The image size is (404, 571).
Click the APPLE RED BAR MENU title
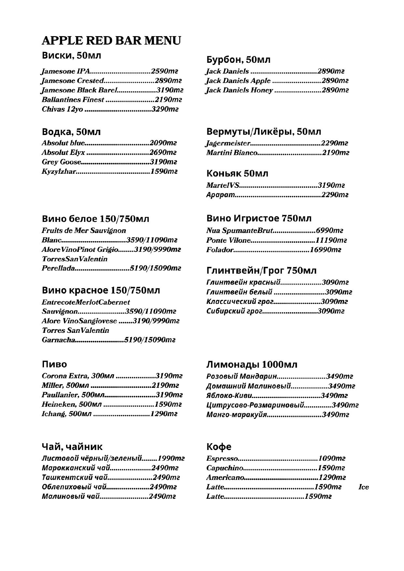click(111, 41)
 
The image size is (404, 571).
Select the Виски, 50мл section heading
click(72, 55)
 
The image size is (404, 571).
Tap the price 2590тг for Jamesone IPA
click(164, 71)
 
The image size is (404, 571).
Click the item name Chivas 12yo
click(62, 109)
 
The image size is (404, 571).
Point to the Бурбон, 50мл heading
click(238, 60)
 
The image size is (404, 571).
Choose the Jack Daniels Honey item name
click(239, 90)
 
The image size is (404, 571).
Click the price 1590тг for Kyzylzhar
click(163, 171)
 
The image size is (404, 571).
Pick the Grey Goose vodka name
click(61, 162)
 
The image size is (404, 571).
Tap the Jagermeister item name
click(228, 143)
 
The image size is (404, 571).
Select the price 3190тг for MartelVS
click(331, 185)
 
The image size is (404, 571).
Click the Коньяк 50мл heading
click(237, 173)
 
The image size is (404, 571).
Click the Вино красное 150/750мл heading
click(101, 290)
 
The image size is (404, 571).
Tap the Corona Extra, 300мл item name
click(78, 376)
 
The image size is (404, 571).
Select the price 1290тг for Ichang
click(163, 414)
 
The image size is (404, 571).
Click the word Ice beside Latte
click(363, 487)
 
